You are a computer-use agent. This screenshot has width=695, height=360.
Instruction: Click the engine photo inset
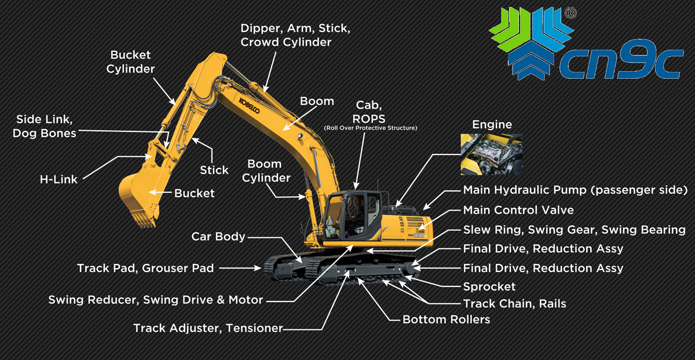[492, 155]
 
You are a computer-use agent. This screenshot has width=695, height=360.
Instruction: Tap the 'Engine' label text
[492, 124]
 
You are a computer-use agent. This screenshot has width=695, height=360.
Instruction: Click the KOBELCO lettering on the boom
[249, 105]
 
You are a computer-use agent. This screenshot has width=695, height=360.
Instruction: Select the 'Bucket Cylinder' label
[131, 62]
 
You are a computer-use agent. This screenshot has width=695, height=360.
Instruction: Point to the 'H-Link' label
[58, 179]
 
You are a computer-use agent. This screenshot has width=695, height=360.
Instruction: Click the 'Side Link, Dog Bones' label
[44, 126]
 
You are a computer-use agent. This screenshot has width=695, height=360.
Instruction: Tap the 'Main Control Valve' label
[518, 210]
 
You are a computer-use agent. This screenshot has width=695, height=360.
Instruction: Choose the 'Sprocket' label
[489, 287]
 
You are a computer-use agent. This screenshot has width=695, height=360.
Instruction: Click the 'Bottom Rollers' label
[446, 319]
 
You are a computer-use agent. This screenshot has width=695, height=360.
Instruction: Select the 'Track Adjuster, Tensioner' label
[208, 328]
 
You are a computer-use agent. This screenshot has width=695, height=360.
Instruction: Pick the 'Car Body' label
[218, 237]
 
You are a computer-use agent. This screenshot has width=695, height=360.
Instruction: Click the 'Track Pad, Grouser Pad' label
[145, 268]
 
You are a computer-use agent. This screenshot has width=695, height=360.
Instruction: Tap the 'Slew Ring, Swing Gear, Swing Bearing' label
[575, 230]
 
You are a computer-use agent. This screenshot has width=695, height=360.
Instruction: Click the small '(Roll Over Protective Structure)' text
[371, 128]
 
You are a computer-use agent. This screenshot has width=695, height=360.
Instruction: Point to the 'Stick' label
[214, 170]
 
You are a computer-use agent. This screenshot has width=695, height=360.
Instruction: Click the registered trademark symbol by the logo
[571, 13]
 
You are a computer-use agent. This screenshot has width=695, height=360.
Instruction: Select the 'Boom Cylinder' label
[266, 171]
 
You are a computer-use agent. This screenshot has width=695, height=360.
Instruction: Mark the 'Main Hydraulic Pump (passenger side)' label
[576, 190]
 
